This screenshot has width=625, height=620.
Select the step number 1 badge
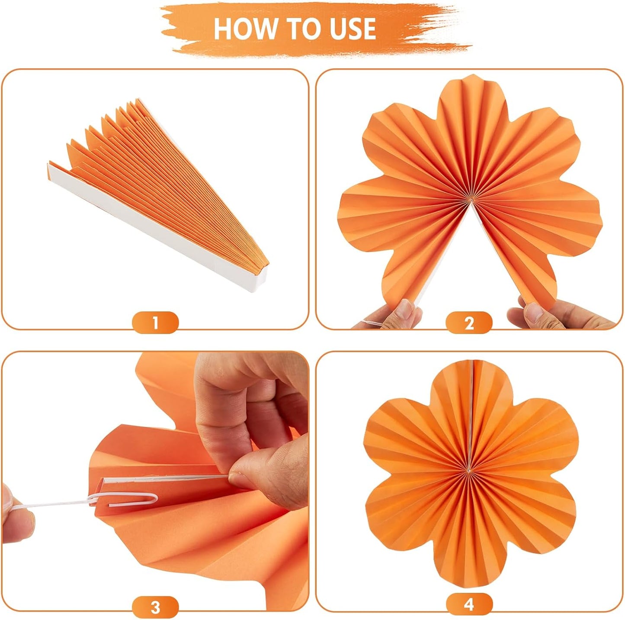[x=155, y=323]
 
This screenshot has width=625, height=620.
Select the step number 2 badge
[x=469, y=323]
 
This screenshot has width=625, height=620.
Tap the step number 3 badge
[x=155, y=607]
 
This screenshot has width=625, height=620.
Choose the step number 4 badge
[x=469, y=604]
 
